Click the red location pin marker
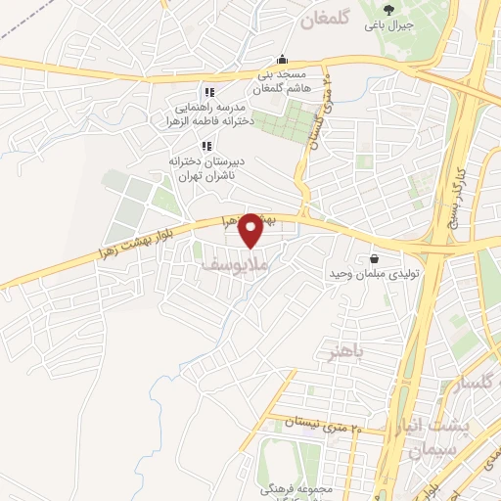pyautogui.click(x=251, y=230)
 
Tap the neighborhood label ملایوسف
pyautogui.click(x=255, y=264)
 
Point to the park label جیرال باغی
pyautogui.click(x=390, y=25)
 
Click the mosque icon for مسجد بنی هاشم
pyautogui.click(x=283, y=59)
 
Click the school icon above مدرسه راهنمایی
pyautogui.click(x=206, y=91)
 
